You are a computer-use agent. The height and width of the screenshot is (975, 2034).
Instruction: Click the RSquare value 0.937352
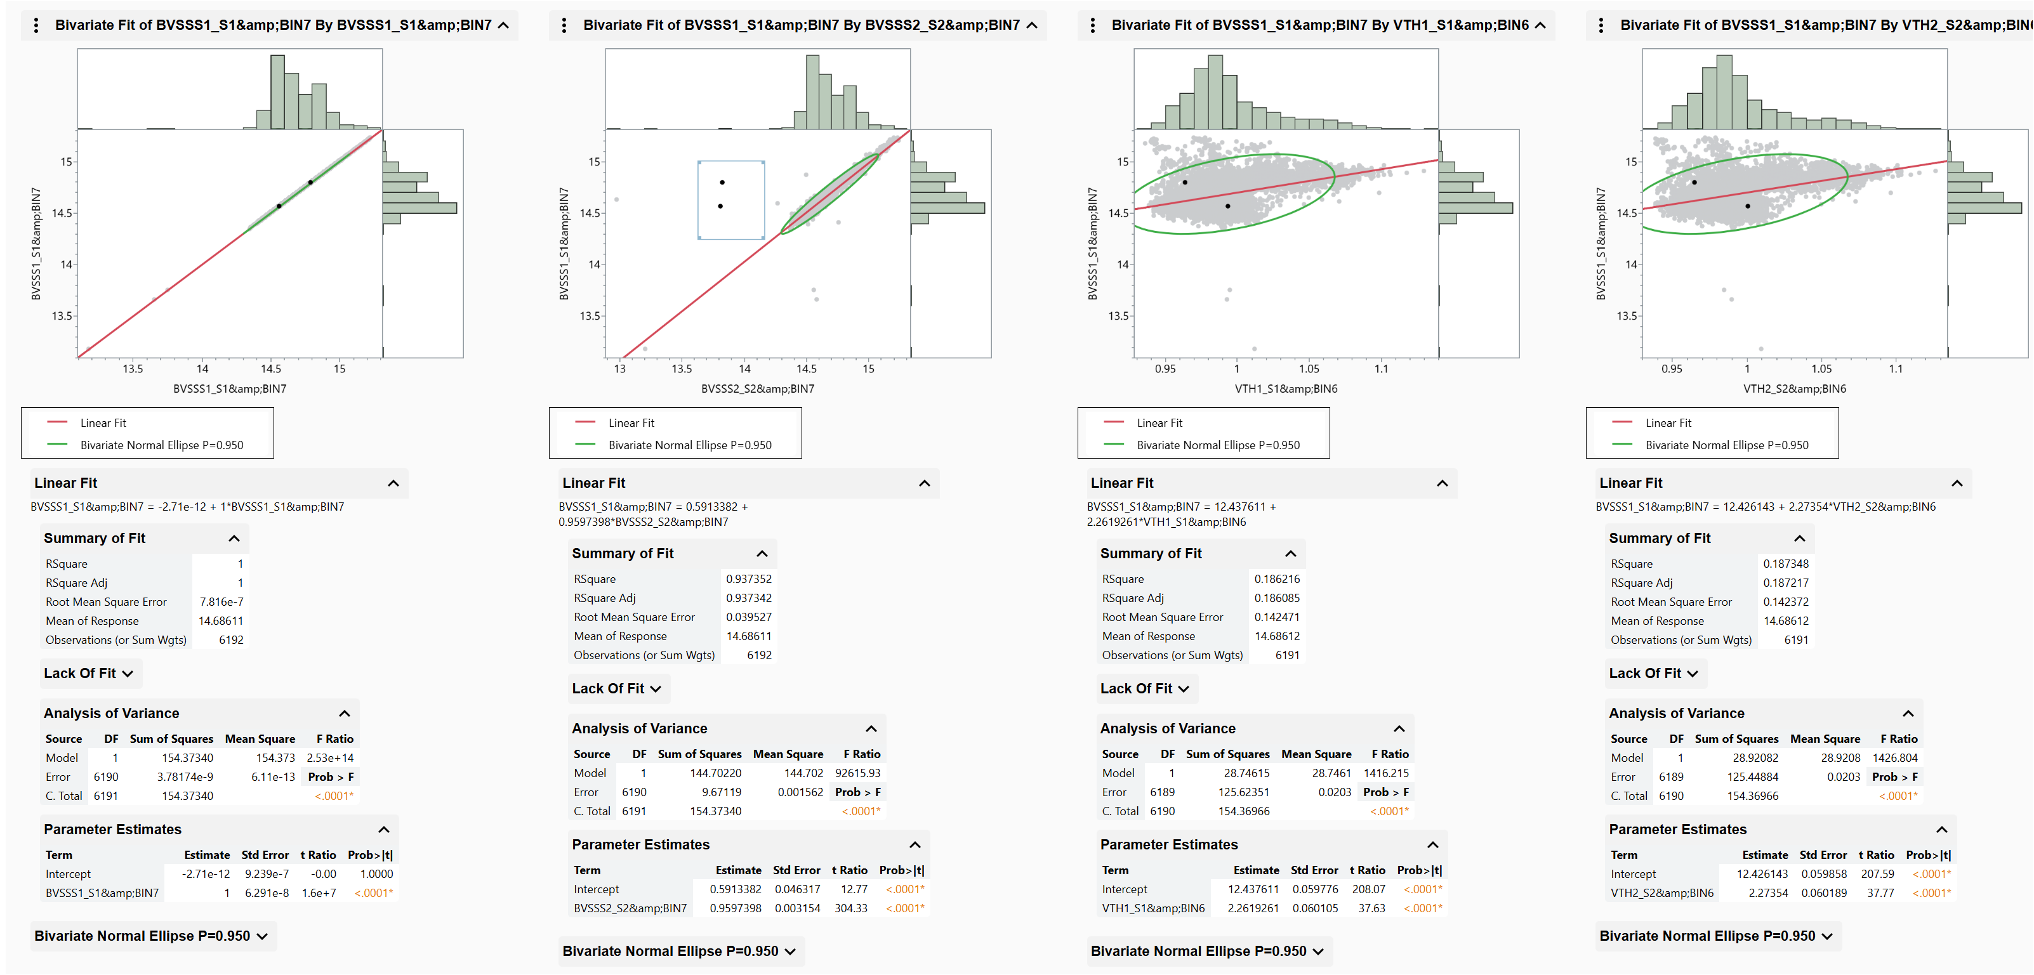pyautogui.click(x=748, y=579)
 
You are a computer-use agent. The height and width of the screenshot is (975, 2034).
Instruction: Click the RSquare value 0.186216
pyautogui.click(x=1277, y=579)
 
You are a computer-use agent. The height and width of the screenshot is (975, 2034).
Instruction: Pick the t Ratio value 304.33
pyautogui.click(x=850, y=908)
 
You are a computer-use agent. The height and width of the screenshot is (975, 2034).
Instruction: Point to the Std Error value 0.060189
pyautogui.click(x=1823, y=893)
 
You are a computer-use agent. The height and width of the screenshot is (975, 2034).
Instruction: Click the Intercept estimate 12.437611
pyautogui.click(x=1253, y=889)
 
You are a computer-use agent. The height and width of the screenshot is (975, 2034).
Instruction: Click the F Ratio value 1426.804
pyautogui.click(x=1894, y=758)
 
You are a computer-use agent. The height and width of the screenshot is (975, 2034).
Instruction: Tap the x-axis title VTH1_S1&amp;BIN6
pyautogui.click(x=1286, y=388)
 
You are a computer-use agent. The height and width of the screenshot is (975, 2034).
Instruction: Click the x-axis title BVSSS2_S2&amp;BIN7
pyautogui.click(x=757, y=388)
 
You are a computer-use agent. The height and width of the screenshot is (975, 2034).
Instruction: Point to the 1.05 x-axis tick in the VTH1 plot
pyautogui.click(x=1309, y=369)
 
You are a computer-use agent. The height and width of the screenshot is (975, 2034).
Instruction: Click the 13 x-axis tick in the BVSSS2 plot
pyautogui.click(x=620, y=369)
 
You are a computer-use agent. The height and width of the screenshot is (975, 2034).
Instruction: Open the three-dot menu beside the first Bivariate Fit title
pyautogui.click(x=36, y=25)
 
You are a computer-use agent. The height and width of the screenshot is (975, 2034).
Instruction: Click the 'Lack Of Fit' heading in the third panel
pyautogui.click(x=1135, y=688)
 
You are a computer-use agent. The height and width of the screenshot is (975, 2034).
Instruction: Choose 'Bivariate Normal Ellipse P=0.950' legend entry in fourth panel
pyautogui.click(x=1726, y=445)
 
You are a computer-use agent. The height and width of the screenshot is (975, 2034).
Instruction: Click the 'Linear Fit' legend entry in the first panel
pyautogui.click(x=103, y=423)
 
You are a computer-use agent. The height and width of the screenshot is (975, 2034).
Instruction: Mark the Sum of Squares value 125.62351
pyautogui.click(x=1243, y=792)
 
